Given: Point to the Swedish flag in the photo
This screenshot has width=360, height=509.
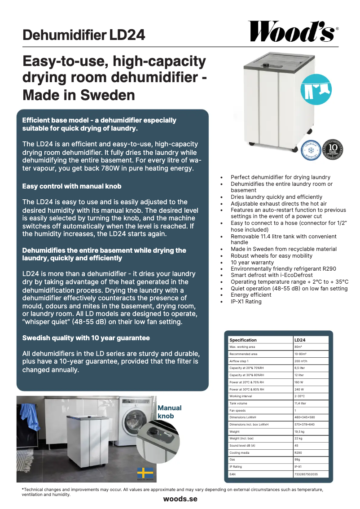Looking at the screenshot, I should pos(145,473).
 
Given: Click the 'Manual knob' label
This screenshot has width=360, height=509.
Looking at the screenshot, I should pos(169,412).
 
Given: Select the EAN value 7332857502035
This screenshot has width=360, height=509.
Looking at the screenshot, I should pos(306,474).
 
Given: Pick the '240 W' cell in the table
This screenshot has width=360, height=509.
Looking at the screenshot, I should pos(299,389).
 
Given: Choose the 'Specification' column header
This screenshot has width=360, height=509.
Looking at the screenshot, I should pos(243,340).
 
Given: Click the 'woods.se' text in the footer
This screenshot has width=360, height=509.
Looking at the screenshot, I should pos(180,499).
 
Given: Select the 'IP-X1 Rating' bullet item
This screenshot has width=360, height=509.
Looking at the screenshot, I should pos(246,302).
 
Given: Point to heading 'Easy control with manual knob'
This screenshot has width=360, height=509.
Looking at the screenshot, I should pos(72,186).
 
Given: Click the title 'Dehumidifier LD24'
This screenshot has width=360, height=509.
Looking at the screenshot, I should pos(84,35).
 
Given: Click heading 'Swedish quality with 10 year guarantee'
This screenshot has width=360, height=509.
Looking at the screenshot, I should pos(86,338).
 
